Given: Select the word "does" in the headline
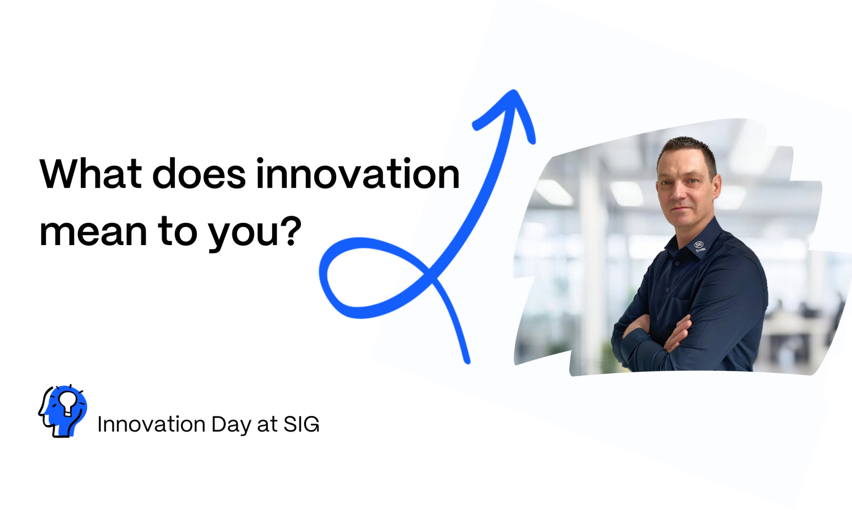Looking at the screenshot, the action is click(199, 174).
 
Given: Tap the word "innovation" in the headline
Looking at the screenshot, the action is click(358, 174).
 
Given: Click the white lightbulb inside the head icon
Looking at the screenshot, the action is click(67, 403).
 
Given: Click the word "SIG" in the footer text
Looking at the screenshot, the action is click(301, 424).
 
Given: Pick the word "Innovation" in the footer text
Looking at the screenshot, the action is click(151, 424).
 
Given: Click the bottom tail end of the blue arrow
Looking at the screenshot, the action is click(467, 362).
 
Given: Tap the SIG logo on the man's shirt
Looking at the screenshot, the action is click(699, 246).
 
